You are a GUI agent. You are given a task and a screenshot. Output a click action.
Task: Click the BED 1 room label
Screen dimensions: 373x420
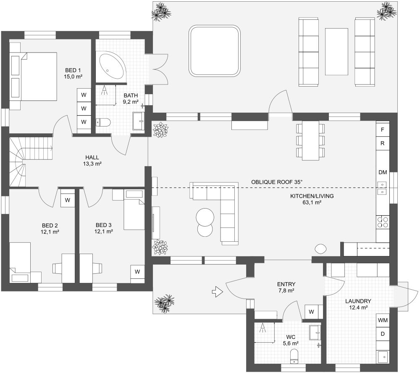tap(73, 73)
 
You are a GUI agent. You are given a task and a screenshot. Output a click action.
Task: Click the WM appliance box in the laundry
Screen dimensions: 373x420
tap(383, 320)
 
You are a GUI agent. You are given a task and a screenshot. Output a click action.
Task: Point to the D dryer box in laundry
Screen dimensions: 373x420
tap(383, 334)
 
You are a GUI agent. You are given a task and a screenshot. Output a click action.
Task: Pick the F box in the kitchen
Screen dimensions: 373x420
tap(383, 130)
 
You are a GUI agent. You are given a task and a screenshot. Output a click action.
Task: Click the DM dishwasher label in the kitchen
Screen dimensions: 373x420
tap(383, 172)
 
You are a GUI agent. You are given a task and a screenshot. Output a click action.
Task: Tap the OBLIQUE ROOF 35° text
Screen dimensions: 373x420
tap(277, 182)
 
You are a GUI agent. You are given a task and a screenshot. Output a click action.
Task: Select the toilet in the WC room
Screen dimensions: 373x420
tap(294, 356)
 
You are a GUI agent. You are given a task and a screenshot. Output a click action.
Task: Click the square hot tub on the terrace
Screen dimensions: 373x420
tap(214, 50)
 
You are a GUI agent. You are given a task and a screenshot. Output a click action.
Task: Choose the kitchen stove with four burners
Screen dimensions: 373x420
tap(383, 221)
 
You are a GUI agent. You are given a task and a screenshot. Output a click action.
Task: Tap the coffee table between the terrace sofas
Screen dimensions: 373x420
tap(336, 51)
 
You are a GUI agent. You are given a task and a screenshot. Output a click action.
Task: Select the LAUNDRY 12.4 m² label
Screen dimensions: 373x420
tap(358, 304)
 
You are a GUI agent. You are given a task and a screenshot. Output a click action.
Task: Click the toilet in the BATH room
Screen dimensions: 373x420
tap(103, 122)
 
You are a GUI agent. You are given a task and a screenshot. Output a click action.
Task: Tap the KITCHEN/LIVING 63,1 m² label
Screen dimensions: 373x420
tap(306, 199)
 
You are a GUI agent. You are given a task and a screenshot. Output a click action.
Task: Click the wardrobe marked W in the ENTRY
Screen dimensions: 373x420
tap(311, 312)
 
